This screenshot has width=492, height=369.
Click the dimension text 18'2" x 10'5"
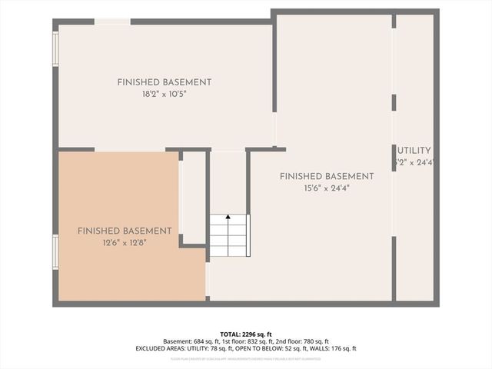click(x=164, y=94)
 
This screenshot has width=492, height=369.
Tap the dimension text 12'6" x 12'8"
click(x=124, y=242)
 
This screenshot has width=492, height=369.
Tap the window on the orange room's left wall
click(x=55, y=252)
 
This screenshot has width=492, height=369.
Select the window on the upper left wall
click(x=55, y=48)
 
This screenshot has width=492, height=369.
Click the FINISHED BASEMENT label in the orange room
click(x=125, y=231)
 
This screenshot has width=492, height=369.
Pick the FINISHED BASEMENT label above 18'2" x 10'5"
click(x=164, y=82)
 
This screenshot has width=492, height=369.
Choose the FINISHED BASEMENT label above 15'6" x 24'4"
click(x=326, y=176)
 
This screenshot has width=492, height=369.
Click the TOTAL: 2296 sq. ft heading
click(x=245, y=334)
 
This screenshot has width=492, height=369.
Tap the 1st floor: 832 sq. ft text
click(x=246, y=341)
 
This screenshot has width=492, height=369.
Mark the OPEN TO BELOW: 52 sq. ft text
click(x=270, y=348)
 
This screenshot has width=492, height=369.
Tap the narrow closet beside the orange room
click(x=192, y=198)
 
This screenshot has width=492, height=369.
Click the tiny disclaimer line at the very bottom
click(x=245, y=358)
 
